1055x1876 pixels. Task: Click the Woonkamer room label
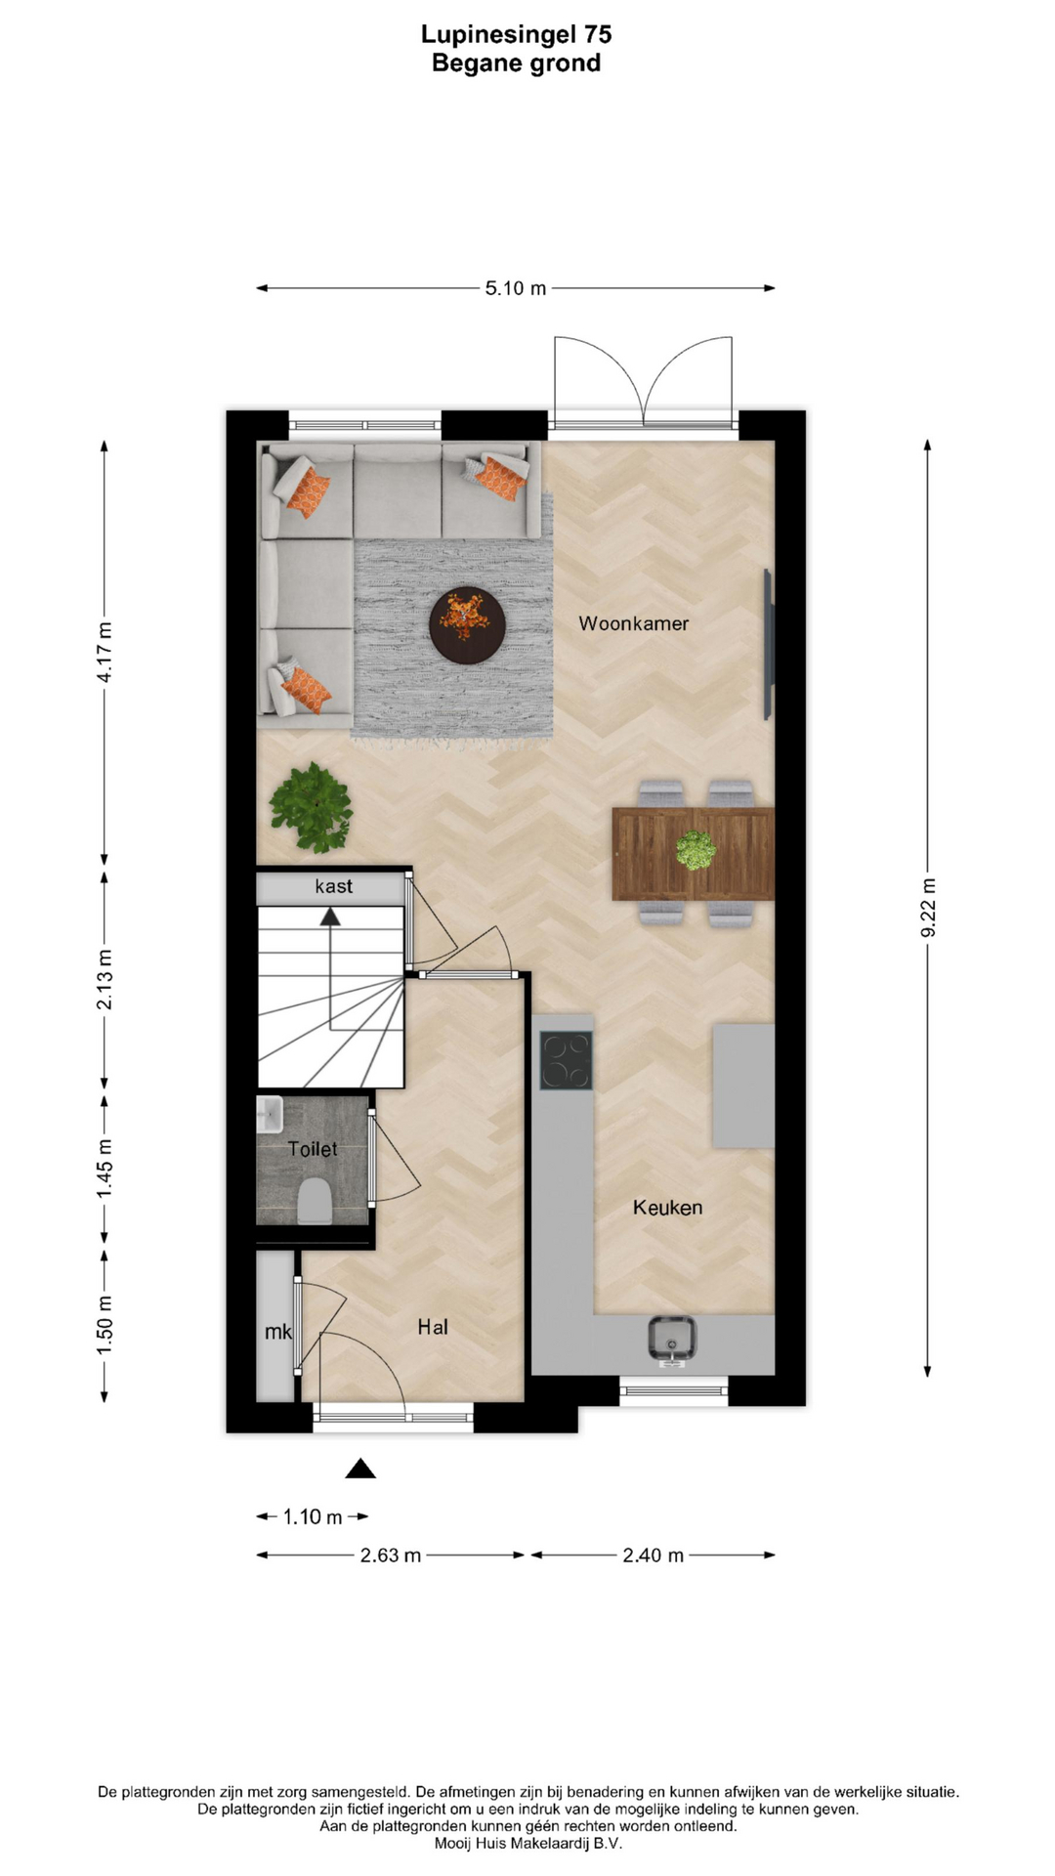pos(633,623)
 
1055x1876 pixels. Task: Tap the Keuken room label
pos(667,1208)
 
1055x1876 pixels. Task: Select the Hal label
pos(433,1327)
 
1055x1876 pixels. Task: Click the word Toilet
pos(313,1149)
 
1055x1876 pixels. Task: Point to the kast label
pos(333,886)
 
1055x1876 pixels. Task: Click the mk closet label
pos(278,1332)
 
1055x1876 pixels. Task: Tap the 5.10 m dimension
pos(516,288)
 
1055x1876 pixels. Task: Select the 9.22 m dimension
pos(928,908)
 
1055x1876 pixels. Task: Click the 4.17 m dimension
pos(105,652)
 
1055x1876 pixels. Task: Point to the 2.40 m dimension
pos(653,1555)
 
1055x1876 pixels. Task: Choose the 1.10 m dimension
pos(313,1516)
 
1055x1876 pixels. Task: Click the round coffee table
pos(467,624)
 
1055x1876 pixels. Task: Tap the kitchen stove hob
pos(567,1061)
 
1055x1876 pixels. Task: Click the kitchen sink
pos(672,1339)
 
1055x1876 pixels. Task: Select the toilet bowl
pos(314,1201)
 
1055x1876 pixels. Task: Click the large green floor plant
pos(312,807)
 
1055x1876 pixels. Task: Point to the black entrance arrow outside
pos(360,1468)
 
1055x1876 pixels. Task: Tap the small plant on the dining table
pos(696,849)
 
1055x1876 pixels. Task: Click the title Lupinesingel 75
pos(516,34)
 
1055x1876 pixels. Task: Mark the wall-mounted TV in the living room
pos(769,645)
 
